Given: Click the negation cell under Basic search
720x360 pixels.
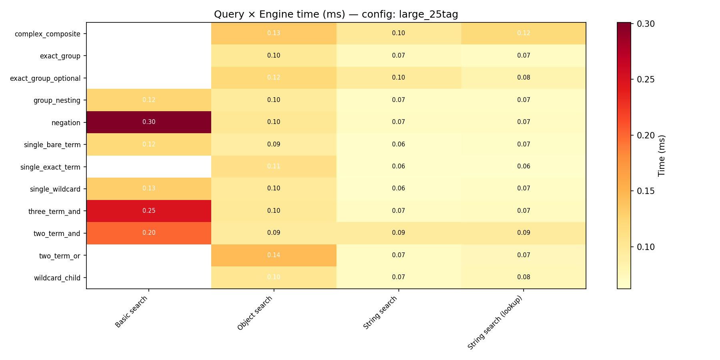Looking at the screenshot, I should [x=149, y=122].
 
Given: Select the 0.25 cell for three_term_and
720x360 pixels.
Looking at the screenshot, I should [x=149, y=211].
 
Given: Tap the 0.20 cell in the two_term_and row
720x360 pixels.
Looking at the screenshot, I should [x=149, y=233].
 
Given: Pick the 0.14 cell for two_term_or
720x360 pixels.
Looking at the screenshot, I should [x=274, y=255].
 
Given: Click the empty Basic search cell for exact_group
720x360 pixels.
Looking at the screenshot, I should [x=149, y=56].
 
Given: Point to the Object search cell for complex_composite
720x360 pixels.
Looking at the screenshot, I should [x=274, y=33].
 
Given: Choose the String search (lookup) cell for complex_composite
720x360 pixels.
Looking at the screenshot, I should [x=524, y=33].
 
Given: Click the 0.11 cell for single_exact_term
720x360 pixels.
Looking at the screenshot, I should [x=274, y=166].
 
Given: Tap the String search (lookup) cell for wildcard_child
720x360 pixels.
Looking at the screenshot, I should [x=524, y=277].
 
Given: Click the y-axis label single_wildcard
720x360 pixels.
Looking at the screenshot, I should [x=55, y=189].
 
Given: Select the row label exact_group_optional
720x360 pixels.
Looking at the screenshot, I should [x=45, y=78].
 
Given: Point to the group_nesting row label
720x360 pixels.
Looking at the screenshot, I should [x=57, y=100].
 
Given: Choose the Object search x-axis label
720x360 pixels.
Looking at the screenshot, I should [x=255, y=313].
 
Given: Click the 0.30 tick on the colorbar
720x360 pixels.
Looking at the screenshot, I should [x=646, y=24].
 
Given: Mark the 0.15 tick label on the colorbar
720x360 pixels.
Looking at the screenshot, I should [x=646, y=191].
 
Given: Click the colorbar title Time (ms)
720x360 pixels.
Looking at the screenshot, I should [x=662, y=156].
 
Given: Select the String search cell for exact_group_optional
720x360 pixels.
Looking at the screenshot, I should [x=398, y=78].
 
